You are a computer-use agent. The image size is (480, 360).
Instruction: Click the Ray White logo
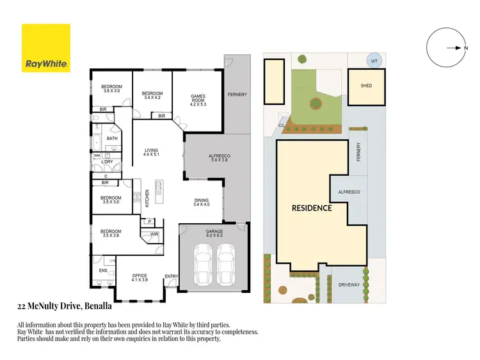click(x=46, y=48)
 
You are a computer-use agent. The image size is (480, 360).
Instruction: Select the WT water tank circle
click(x=374, y=61)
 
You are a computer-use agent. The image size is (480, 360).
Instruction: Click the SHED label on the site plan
click(x=366, y=86)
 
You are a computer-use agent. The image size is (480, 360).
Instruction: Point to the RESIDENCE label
click(x=312, y=208)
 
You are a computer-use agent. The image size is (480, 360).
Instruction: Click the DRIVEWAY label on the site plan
click(x=349, y=285)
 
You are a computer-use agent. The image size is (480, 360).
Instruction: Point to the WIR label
click(x=154, y=235)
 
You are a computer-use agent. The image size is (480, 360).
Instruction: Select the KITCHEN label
click(x=147, y=198)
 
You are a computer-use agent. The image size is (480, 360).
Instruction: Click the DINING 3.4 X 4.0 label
click(x=202, y=203)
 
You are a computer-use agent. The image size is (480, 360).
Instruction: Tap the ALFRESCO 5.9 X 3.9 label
click(x=220, y=158)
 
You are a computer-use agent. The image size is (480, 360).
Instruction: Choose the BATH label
click(x=112, y=138)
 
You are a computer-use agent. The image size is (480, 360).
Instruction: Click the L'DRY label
click(x=107, y=162)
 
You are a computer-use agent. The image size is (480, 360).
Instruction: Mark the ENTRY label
click(x=171, y=276)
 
